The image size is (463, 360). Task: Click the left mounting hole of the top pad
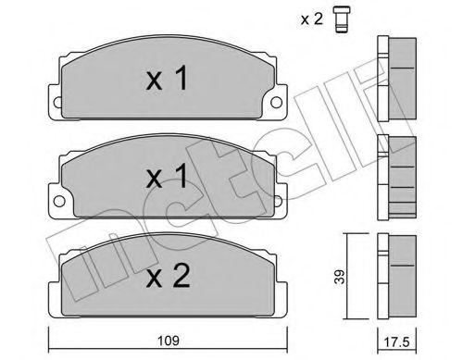tap(56, 102)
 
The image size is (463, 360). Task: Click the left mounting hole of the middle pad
tap(57, 196)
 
